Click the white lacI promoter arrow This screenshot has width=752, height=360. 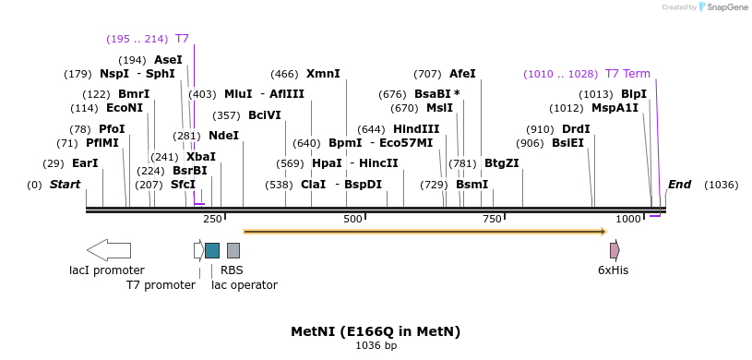tap(108, 250)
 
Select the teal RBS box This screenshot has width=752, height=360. tap(212, 250)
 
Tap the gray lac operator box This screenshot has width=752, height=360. tap(233, 250)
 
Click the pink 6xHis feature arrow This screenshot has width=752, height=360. tap(615, 250)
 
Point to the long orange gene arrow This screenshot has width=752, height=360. tap(424, 232)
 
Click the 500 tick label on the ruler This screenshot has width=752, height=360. tap(352, 219)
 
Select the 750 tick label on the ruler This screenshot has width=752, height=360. tap(492, 219)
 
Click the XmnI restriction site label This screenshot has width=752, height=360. tap(323, 74)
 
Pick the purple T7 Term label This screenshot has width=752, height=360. tap(627, 74)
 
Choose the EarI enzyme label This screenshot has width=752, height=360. tap(85, 163)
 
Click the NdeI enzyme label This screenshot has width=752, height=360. tap(223, 136)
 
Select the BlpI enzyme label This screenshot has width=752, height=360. tap(633, 94)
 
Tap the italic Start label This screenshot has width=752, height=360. tap(65, 185)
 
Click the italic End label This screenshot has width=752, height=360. tap(679, 185)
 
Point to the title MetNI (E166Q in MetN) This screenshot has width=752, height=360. tap(376, 331)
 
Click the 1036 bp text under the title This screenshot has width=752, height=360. tap(376, 346)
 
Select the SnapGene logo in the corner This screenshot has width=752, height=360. tap(722, 7)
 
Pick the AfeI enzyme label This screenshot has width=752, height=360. tap(462, 74)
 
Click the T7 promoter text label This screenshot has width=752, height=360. tap(161, 285)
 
